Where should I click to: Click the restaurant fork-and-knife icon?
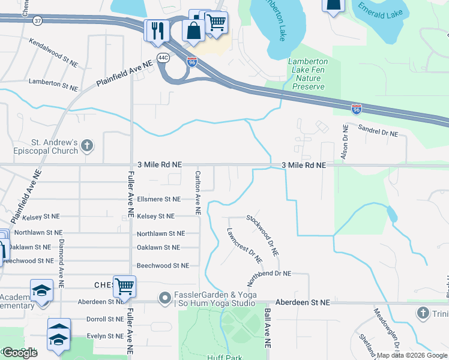(x=157, y=30)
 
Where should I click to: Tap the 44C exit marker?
(x=163, y=58)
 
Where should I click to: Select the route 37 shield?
(x=38, y=21)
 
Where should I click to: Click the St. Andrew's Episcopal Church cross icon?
(x=87, y=145)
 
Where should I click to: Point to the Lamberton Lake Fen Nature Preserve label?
(x=308, y=74)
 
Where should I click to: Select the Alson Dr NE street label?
(x=345, y=142)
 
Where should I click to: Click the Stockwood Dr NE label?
(x=263, y=236)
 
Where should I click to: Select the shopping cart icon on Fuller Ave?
(x=124, y=287)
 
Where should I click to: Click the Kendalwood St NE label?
(x=54, y=53)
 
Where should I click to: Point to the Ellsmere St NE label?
(x=158, y=199)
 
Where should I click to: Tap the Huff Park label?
(x=225, y=357)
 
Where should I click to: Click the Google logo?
(x=19, y=353)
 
